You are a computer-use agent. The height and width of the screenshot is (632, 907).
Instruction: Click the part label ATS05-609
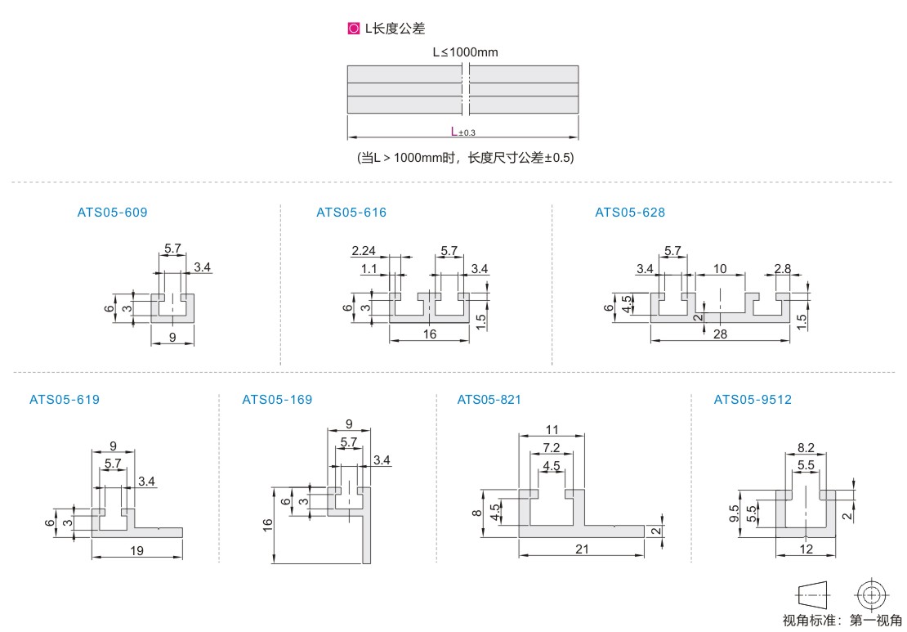click(112, 213)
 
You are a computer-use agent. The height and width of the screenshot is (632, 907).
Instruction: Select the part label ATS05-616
click(351, 213)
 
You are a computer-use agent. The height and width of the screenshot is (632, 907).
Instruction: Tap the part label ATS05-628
click(630, 213)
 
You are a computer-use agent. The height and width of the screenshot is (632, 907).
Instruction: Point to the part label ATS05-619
click(65, 400)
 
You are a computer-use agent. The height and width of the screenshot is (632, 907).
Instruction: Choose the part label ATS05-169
click(277, 400)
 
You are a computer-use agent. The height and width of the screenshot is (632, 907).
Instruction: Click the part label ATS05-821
click(489, 400)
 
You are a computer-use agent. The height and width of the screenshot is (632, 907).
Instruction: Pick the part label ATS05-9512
click(753, 400)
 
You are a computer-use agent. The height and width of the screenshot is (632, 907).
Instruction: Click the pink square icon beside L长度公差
click(354, 29)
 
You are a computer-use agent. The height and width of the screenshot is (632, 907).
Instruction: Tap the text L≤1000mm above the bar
click(465, 52)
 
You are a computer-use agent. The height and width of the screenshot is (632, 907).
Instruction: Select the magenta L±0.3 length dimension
click(462, 131)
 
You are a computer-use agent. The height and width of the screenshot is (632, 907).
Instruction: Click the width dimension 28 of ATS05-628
click(720, 334)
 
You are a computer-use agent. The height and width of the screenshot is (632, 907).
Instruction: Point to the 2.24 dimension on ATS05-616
click(364, 250)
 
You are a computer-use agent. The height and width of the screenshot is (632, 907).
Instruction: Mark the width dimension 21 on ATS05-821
click(581, 549)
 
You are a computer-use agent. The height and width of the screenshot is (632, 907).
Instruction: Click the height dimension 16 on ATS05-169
click(268, 525)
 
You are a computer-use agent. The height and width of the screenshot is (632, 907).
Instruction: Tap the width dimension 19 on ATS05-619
click(136, 551)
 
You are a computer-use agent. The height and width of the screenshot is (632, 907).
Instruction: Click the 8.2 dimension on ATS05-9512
click(805, 448)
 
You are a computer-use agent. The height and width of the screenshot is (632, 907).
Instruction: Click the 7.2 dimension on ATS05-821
click(551, 448)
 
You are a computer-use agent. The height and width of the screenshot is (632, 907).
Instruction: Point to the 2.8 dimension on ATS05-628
click(782, 269)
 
